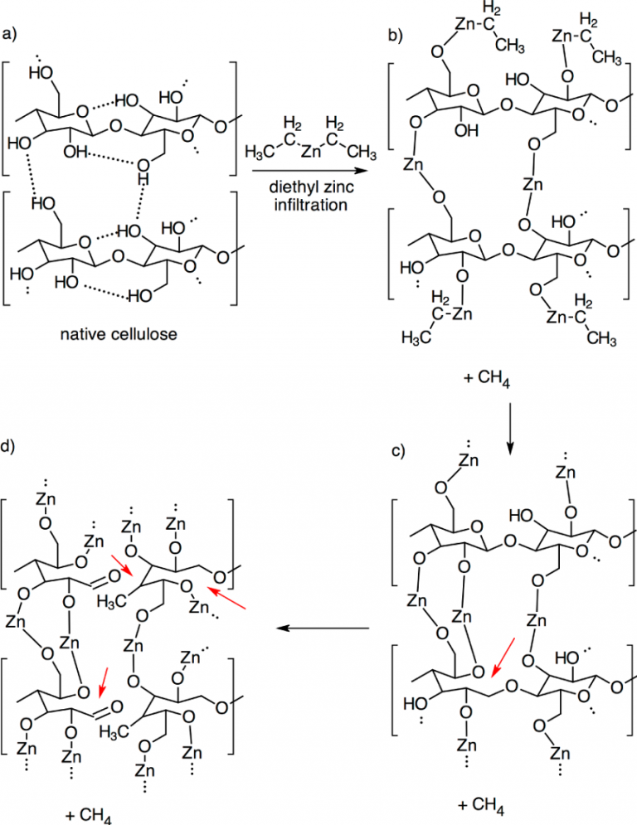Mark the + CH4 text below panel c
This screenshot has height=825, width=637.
pyautogui.click(x=480, y=803)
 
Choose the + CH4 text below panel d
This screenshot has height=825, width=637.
pyautogui.click(x=87, y=813)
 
